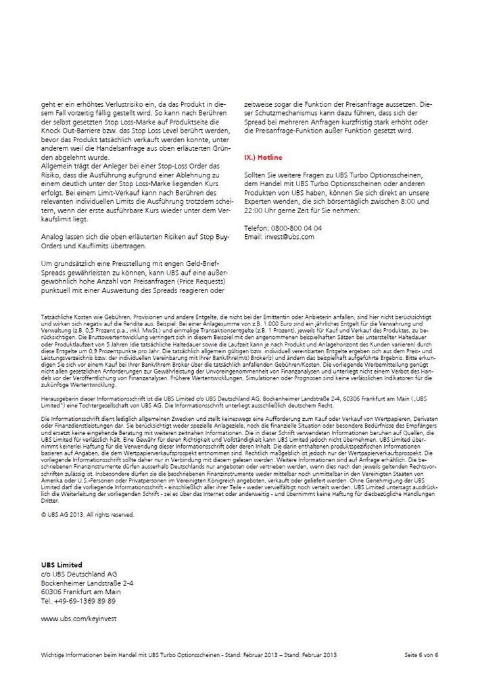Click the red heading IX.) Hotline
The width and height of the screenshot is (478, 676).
tap(264, 157)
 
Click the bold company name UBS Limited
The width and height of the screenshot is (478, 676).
tap(62, 564)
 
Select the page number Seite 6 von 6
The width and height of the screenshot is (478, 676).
tap(421, 655)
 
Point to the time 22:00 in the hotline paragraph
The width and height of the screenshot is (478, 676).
tap(254, 210)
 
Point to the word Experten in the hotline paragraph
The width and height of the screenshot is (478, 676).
tap(260, 202)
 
